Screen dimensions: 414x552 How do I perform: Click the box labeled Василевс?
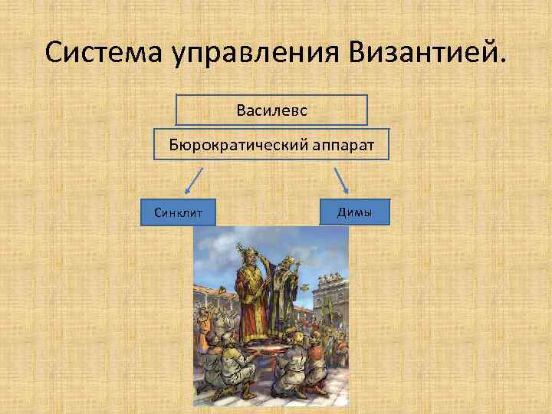pos(271,110)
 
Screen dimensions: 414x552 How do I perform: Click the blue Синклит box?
pos(179,212)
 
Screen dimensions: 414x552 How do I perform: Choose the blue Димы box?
pos(354,212)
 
